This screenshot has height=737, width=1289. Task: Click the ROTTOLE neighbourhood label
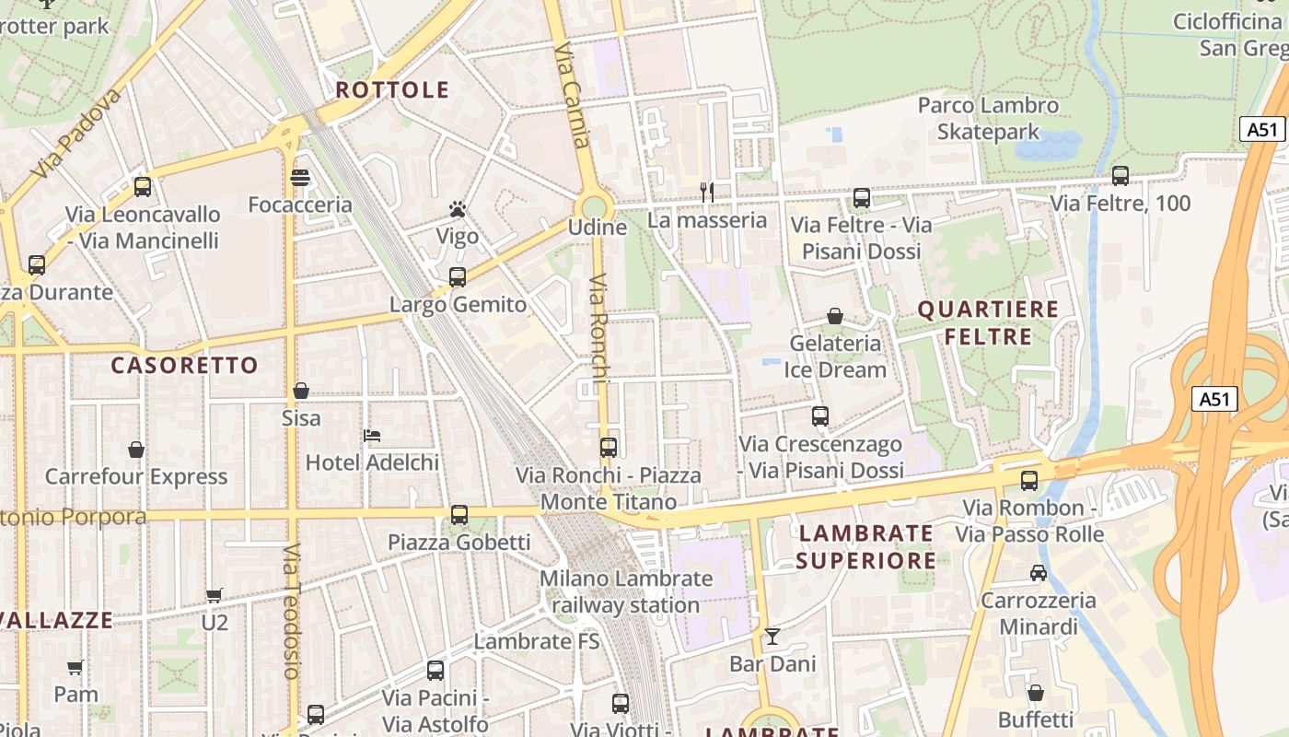(x=392, y=90)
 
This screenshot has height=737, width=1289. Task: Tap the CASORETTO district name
(x=185, y=366)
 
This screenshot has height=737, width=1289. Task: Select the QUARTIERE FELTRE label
(x=988, y=322)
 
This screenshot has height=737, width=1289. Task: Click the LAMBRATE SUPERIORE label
(x=865, y=546)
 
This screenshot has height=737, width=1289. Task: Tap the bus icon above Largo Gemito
(x=458, y=276)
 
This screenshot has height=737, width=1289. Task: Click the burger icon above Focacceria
(x=300, y=177)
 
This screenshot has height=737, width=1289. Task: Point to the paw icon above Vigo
(x=458, y=209)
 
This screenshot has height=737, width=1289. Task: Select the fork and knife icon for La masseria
(x=707, y=192)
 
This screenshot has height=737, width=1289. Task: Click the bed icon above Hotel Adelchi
(x=372, y=435)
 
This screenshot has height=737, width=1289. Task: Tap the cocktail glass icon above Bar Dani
(x=772, y=637)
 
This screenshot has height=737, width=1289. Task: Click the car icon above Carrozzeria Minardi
(x=1039, y=573)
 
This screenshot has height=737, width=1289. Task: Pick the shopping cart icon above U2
(x=215, y=595)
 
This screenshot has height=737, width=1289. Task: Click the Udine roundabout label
(x=598, y=228)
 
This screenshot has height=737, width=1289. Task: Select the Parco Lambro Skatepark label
(x=988, y=119)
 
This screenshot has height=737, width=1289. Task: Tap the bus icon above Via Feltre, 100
(x=1121, y=175)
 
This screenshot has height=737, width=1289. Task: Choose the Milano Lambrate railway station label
(x=626, y=592)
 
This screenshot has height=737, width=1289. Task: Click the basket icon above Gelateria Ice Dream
(x=835, y=316)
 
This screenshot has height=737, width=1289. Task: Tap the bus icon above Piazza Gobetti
(x=459, y=515)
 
